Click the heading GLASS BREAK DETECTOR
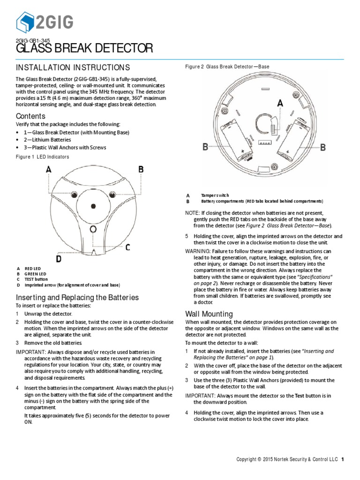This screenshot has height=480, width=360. click(84, 48)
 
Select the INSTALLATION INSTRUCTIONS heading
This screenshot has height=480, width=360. click(73, 67)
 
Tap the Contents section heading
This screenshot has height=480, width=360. click(30, 116)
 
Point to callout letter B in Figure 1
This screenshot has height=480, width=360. click(141, 170)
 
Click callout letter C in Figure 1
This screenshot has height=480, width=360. click(127, 247)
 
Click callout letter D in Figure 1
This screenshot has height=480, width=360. click(59, 258)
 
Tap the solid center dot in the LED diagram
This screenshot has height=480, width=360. click(94, 206)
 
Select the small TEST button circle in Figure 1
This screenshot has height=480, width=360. click(94, 229)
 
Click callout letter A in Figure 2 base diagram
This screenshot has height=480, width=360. click(280, 103)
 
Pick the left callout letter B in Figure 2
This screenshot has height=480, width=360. click(205, 147)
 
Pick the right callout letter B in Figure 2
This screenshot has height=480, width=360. click(322, 148)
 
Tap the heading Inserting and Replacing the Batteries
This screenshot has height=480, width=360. click(77, 297)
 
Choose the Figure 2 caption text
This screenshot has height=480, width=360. click(227, 67)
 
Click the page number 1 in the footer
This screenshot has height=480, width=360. click(343, 459)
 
